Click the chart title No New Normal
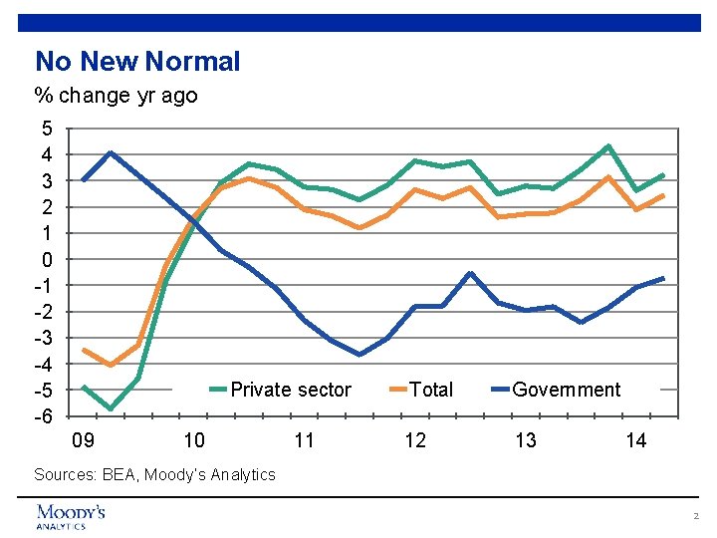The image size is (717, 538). [x=137, y=62]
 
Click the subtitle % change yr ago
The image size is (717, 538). [x=116, y=96]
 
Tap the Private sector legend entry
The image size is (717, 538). [x=291, y=390]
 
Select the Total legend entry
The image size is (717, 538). [x=431, y=390]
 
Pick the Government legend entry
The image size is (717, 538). [x=566, y=390]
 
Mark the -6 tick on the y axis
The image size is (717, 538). [x=44, y=416]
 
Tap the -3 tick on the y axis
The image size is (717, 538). [x=44, y=338]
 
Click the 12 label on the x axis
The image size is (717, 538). [x=415, y=441]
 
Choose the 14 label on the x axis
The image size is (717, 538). [x=636, y=441]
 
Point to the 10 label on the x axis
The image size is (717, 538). [x=194, y=441]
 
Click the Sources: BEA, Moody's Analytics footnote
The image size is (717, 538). [x=154, y=475]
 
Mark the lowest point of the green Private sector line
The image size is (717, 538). [x=111, y=408]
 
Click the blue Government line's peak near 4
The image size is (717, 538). [x=111, y=153]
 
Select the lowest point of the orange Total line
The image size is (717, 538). [x=111, y=365]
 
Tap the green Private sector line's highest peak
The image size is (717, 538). [x=608, y=146]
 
